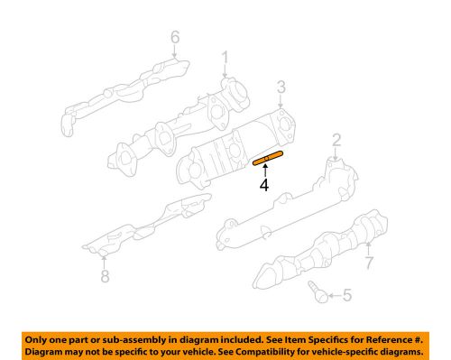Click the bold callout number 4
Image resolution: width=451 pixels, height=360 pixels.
(x=263, y=186)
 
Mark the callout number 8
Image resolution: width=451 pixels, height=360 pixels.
(x=105, y=277)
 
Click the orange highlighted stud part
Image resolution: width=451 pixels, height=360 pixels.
(x=268, y=161)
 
